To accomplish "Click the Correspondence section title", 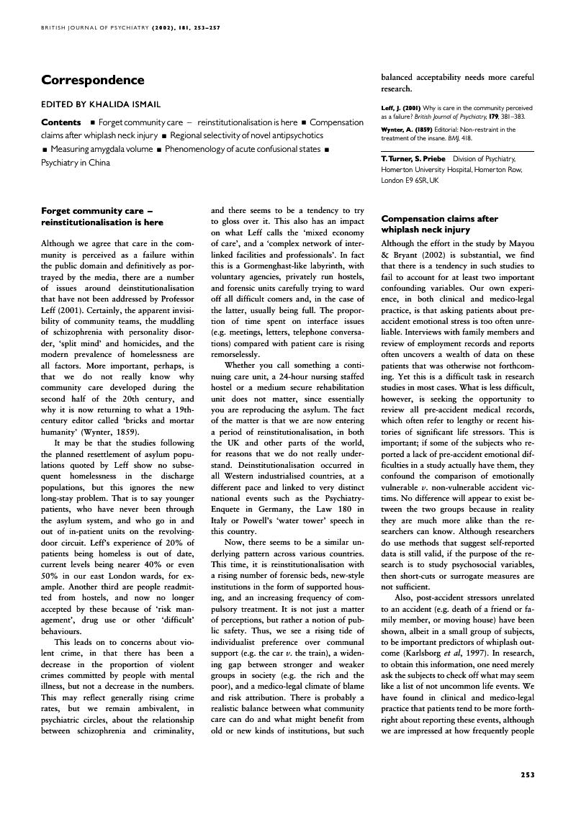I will (93, 80).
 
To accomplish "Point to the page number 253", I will (527, 774).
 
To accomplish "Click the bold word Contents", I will (61, 122).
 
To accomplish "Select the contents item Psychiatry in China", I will (74, 163).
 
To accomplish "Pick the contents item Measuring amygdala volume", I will (102, 149).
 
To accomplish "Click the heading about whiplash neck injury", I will (439, 224).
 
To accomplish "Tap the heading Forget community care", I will (97, 217).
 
